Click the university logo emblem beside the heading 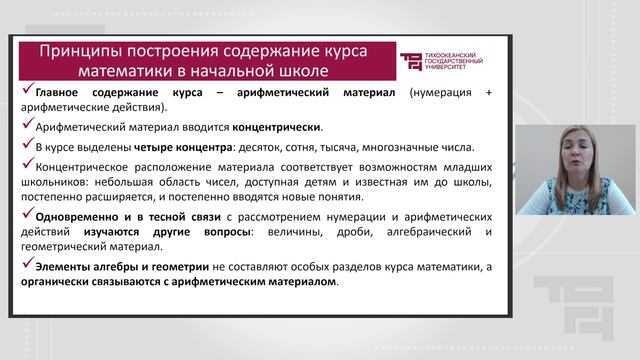pos(410,60)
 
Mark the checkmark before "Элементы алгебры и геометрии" pos(26,265)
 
